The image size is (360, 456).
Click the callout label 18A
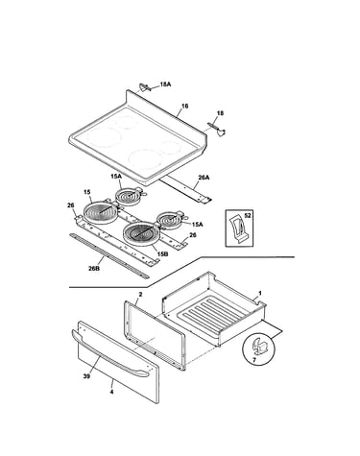[165, 84]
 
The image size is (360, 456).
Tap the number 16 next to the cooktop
[185, 107]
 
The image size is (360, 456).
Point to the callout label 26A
[204, 178]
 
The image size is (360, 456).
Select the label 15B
[162, 253]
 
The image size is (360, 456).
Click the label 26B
[94, 268]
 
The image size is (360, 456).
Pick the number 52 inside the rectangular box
[248, 216]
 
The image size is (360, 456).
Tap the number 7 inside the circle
[254, 360]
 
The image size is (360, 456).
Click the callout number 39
[86, 376]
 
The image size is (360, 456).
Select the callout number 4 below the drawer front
[111, 392]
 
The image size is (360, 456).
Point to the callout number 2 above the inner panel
[140, 294]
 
